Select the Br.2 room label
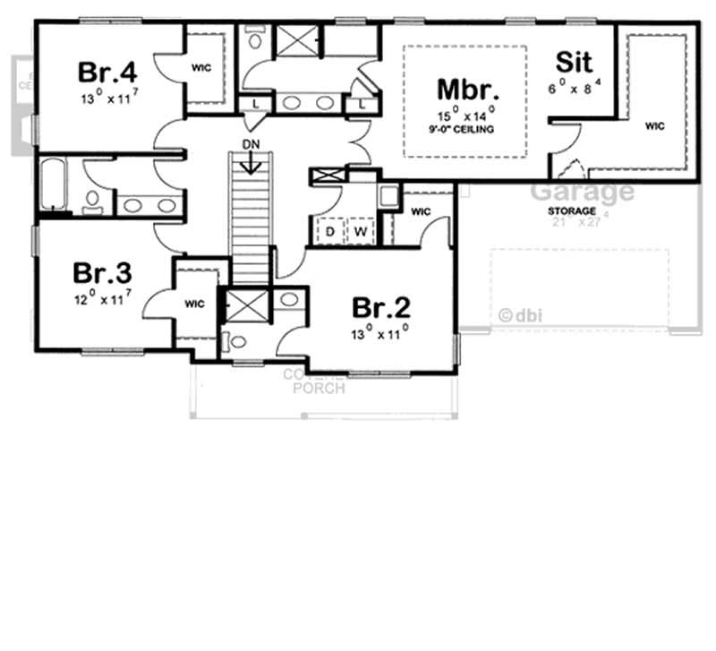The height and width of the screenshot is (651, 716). pyautogui.click(x=381, y=307)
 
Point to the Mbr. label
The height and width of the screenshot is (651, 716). pyautogui.click(x=467, y=90)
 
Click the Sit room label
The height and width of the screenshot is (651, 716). pyautogui.click(x=574, y=62)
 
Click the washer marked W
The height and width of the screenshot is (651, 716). pyautogui.click(x=362, y=231)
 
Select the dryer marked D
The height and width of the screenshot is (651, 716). pyautogui.click(x=329, y=231)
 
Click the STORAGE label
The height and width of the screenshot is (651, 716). pyautogui.click(x=574, y=211)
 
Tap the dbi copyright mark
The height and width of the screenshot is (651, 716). pyautogui.click(x=522, y=314)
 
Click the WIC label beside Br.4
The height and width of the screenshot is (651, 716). pyautogui.click(x=202, y=69)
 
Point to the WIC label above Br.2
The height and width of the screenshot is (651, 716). pyautogui.click(x=421, y=212)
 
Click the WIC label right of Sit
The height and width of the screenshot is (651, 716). pyautogui.click(x=655, y=126)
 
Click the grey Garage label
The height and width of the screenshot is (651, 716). pyautogui.click(x=583, y=192)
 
